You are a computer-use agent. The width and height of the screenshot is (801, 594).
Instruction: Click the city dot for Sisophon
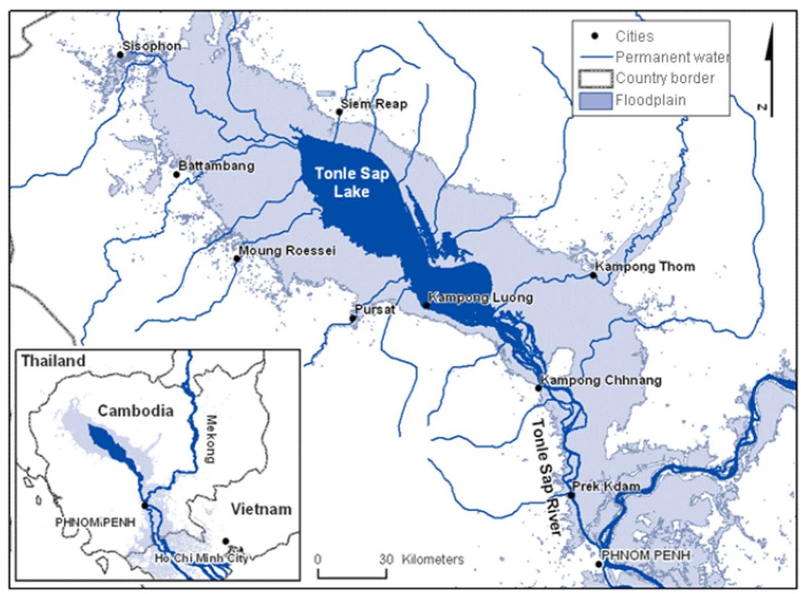[x=120, y=55]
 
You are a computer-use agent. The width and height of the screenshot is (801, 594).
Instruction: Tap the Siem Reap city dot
[x=339, y=112]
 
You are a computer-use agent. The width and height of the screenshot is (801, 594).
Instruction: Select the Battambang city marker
[x=177, y=175]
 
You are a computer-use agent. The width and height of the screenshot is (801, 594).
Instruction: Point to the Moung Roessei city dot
[x=236, y=258]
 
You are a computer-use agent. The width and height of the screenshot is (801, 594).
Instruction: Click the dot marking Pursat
[x=353, y=319]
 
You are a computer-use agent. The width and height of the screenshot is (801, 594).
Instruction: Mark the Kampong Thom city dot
[x=594, y=275]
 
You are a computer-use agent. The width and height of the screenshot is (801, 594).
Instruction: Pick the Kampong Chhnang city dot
[x=538, y=388]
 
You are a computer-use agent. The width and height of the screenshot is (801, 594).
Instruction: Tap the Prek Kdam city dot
[x=571, y=495]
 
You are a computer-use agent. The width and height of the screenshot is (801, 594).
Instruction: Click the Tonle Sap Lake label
[x=352, y=182]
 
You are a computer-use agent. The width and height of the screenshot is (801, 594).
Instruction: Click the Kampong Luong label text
[x=480, y=298]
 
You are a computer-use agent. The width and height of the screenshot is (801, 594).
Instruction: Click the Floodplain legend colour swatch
[x=595, y=101]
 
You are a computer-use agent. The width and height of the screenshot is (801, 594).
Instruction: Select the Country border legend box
[x=595, y=79]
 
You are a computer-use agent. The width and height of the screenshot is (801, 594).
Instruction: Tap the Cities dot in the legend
[x=595, y=36]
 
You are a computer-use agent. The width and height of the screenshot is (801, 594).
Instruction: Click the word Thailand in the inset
[x=54, y=361]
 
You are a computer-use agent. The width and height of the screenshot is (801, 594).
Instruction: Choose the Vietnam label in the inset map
[x=261, y=510]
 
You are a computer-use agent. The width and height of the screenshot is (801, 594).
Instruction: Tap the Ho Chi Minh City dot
[x=226, y=541]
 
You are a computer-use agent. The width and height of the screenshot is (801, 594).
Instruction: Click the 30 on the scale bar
[x=386, y=559]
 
